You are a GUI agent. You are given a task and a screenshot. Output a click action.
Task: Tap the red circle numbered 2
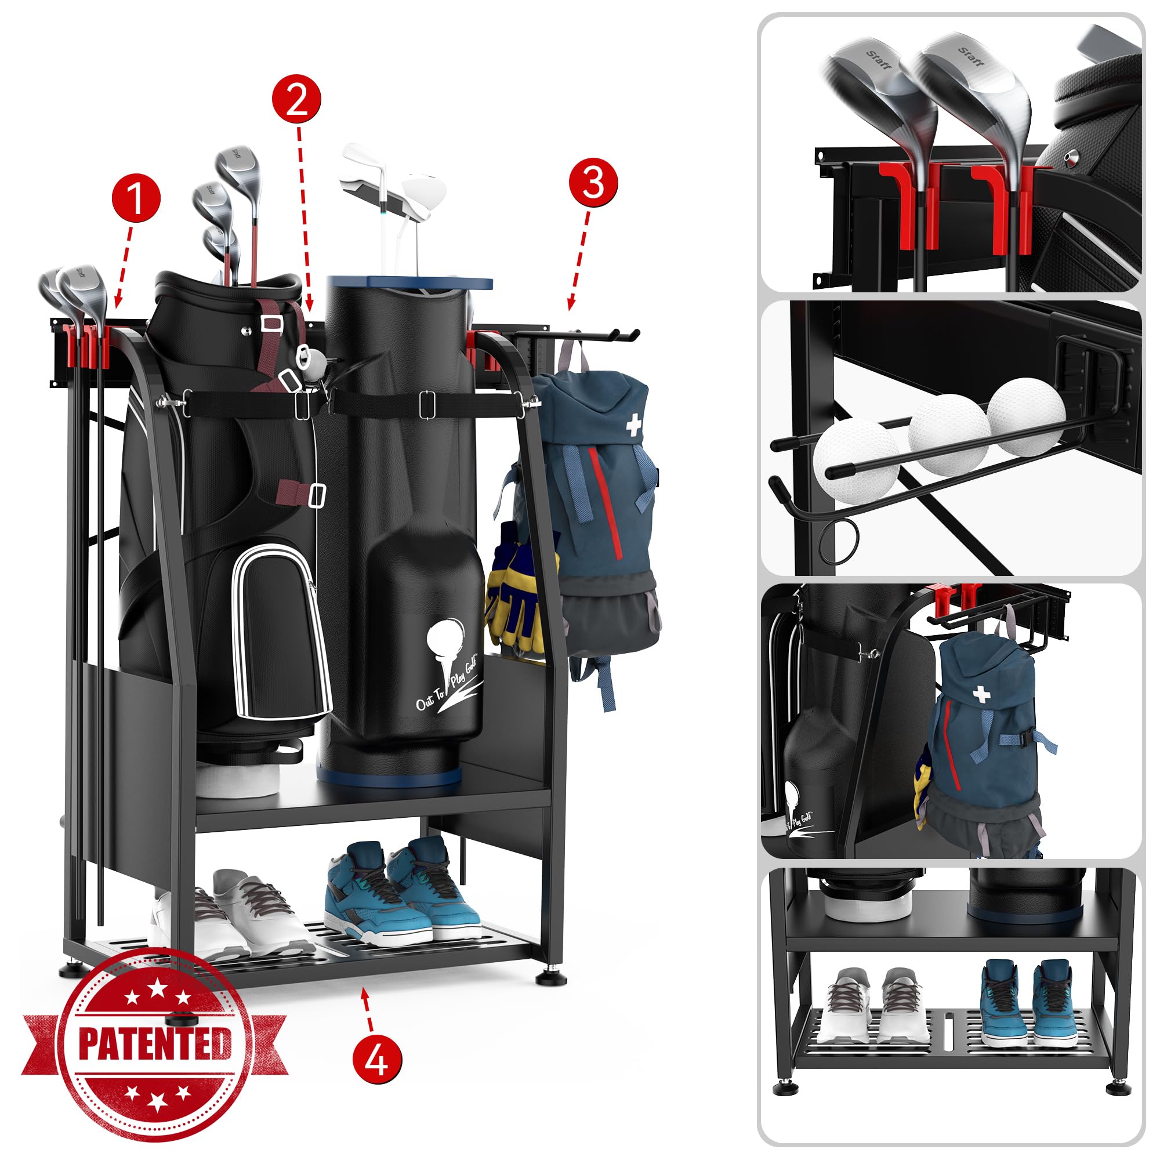pos(296,100)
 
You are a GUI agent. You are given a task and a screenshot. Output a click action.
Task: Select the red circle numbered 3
pos(593,183)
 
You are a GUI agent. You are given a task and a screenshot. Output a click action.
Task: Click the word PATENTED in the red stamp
pos(155,1043)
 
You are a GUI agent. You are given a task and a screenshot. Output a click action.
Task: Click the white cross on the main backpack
pos(634,426)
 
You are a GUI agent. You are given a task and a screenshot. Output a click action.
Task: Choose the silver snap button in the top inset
pos(1070,158)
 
